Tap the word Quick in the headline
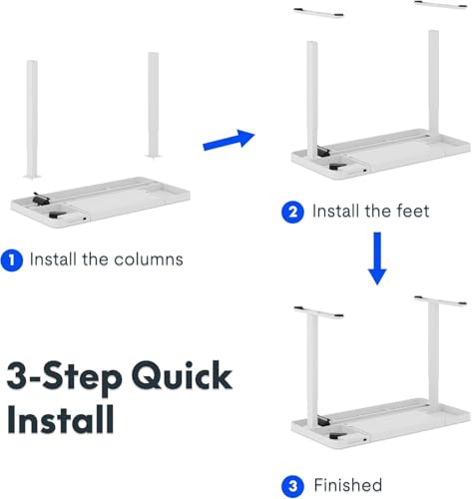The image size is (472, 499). [175, 377]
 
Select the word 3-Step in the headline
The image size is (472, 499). [59, 377]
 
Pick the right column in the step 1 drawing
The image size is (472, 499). [154, 104]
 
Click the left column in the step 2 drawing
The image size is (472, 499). [311, 95]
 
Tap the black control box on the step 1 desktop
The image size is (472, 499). [42, 200]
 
